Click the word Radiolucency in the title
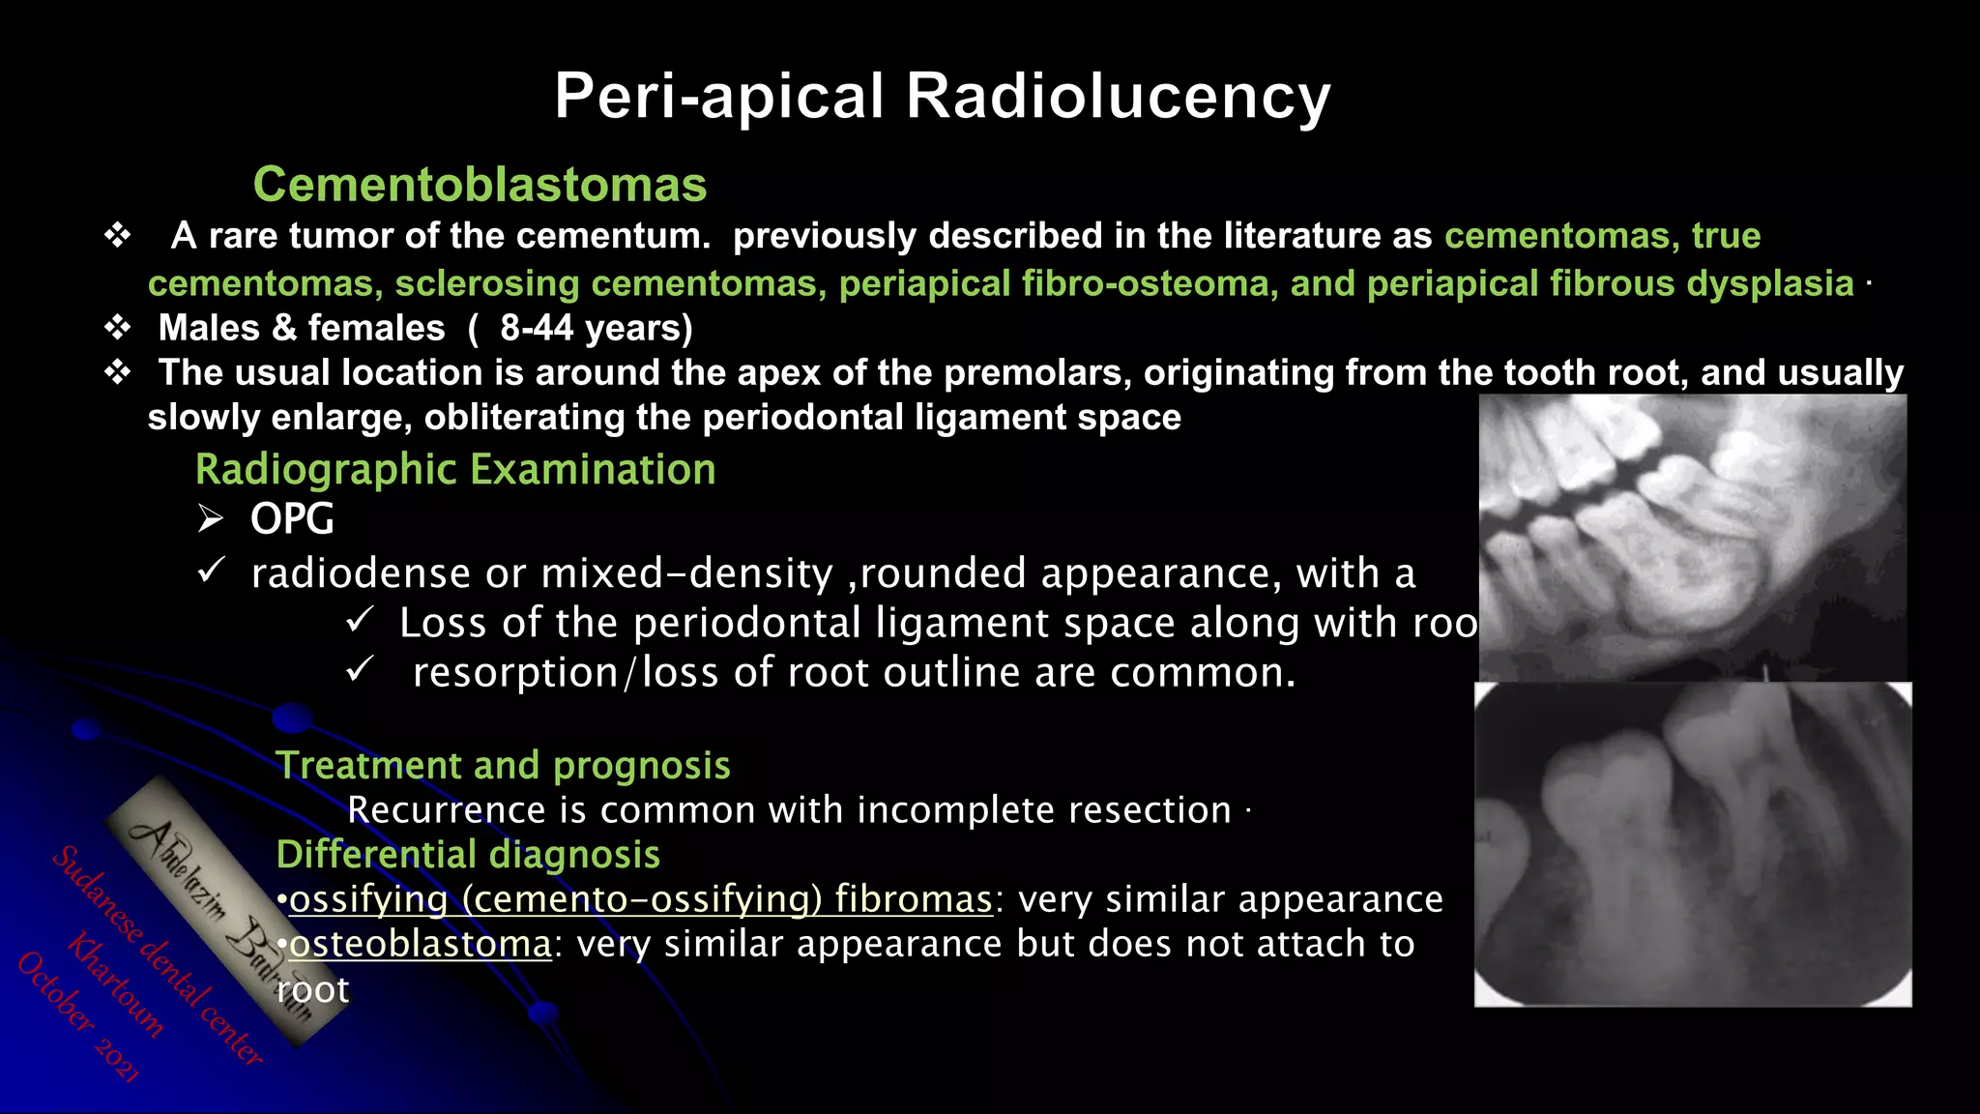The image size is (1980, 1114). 1118,97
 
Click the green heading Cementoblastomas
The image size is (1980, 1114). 480,185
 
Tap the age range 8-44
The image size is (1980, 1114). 537,328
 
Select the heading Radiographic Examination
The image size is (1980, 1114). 455,470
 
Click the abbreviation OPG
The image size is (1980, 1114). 292,519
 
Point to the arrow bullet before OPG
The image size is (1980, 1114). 211,519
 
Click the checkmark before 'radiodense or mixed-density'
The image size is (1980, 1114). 211,571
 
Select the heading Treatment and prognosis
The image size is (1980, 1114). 503,765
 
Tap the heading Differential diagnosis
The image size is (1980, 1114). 468,855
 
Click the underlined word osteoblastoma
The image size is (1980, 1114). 421,944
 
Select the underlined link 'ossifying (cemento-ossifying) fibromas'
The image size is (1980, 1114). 641,899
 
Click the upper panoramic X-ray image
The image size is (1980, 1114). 1692,537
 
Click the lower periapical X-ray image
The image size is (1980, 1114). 1692,844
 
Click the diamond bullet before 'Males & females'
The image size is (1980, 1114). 118,328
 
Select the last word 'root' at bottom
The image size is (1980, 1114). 312,990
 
